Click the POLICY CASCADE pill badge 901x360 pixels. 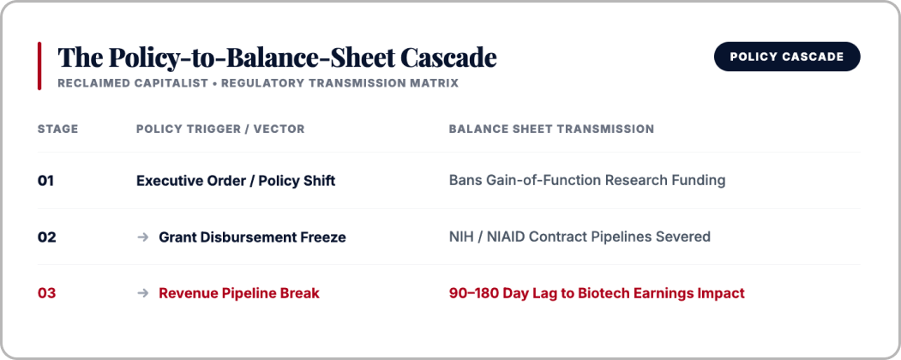click(x=787, y=57)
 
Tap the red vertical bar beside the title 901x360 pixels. click(x=39, y=65)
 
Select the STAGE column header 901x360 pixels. click(x=58, y=129)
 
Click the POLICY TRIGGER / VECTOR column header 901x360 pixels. click(x=220, y=129)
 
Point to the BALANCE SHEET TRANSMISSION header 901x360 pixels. click(x=551, y=129)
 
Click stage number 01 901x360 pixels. click(x=46, y=181)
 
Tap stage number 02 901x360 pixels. click(x=47, y=237)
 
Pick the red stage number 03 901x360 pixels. click(x=47, y=293)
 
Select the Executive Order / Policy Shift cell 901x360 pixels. click(x=236, y=181)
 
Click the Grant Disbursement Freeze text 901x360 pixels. click(x=252, y=237)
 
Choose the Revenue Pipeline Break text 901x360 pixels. click(x=239, y=293)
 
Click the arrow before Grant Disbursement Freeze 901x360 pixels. click(x=143, y=237)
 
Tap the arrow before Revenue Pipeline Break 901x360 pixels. click(x=143, y=293)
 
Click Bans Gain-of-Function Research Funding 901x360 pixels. click(x=587, y=180)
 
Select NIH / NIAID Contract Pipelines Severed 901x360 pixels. click(x=580, y=237)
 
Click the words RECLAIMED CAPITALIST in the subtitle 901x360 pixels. click(x=133, y=83)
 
